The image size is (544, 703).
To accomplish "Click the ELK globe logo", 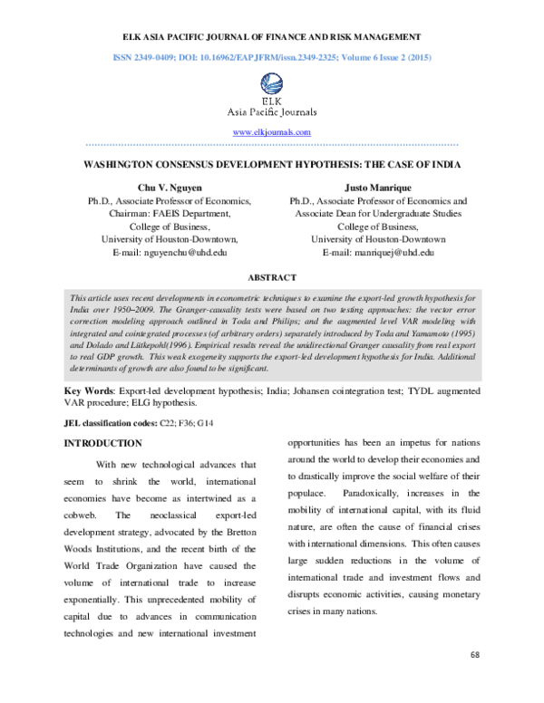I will [272, 84].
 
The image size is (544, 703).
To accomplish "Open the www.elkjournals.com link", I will [272, 132].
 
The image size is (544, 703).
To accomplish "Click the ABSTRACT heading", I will [272, 277].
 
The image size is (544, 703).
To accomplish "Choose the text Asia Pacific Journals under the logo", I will [272, 113].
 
